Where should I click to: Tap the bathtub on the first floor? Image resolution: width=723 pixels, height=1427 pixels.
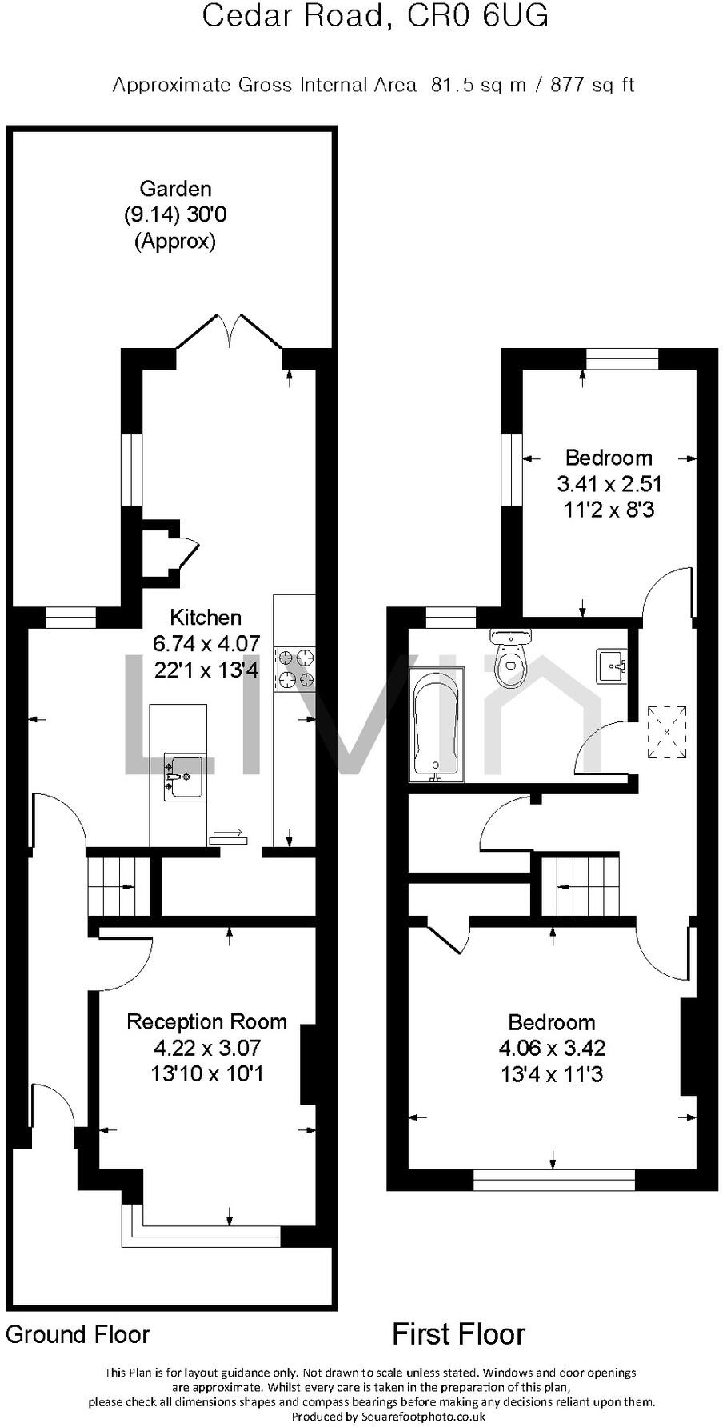(436, 725)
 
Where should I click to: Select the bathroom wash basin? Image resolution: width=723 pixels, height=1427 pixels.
(612, 666)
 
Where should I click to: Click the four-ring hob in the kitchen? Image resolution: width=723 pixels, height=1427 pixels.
(294, 670)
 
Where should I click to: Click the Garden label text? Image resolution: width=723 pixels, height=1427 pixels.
(175, 189)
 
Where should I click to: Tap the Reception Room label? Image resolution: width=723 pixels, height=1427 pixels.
(206, 1021)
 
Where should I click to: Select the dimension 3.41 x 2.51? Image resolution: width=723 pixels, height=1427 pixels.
(609, 483)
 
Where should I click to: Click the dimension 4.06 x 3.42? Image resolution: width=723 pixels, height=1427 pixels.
(552, 1048)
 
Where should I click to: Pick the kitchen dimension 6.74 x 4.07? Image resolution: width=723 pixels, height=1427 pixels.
(206, 643)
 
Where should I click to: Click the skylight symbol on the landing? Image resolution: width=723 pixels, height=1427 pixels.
(667, 732)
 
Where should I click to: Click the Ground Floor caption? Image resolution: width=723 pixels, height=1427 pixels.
(78, 1334)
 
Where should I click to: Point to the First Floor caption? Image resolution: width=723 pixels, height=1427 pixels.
(458, 1334)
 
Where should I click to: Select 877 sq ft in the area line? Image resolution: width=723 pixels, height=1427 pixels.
(592, 85)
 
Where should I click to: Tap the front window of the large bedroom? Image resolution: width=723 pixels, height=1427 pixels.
(553, 1180)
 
